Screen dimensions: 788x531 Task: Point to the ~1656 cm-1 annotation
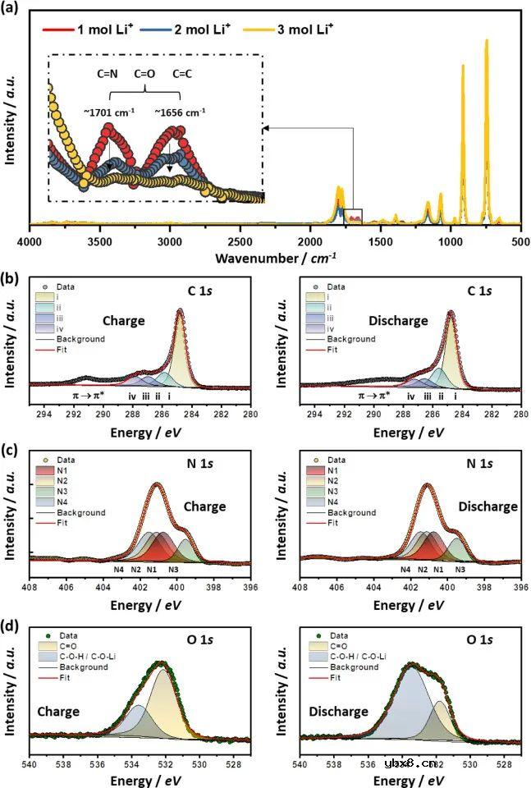coord(179,112)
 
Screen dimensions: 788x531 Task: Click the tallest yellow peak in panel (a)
coord(486,41)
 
